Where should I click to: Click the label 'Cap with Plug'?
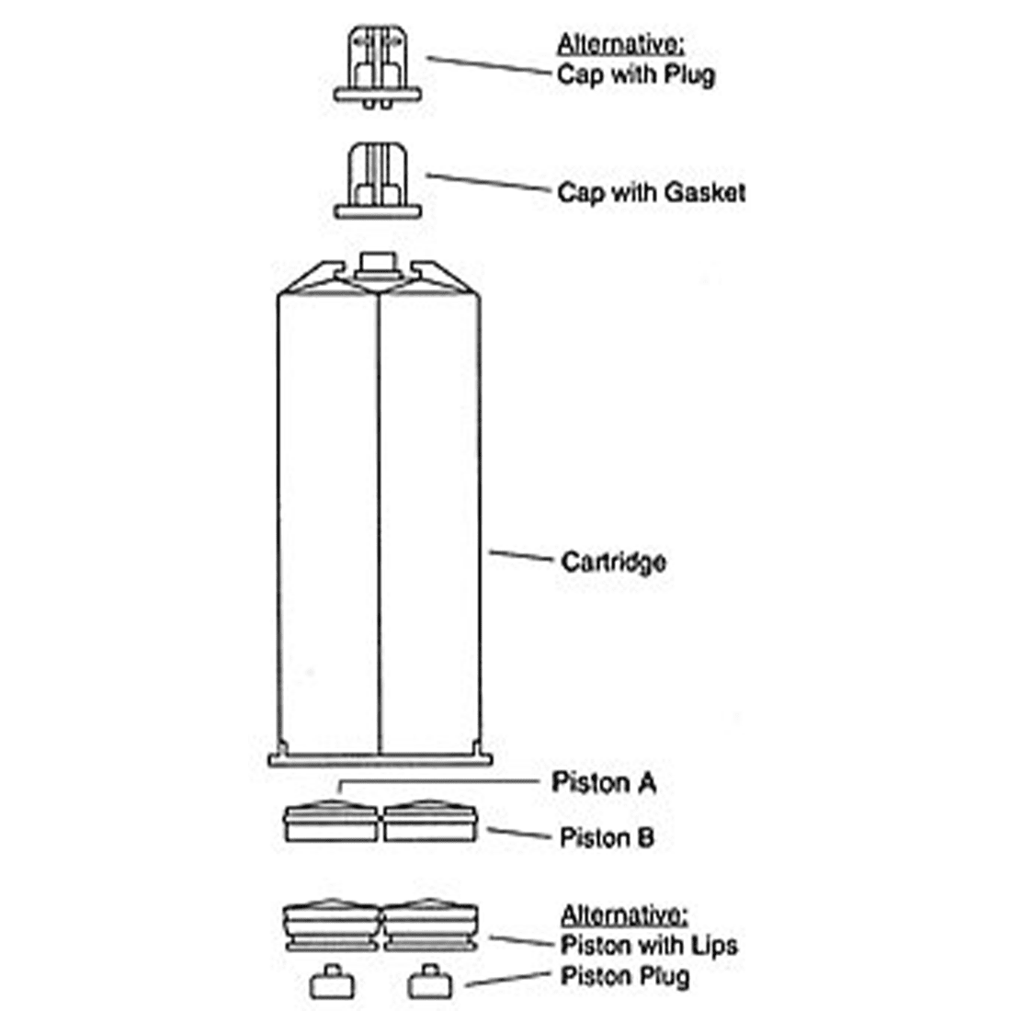636,75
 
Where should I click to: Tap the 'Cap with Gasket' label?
652,192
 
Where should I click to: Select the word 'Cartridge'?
613,562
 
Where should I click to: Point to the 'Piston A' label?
604,783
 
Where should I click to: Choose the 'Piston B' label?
607,837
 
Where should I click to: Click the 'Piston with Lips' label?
649,945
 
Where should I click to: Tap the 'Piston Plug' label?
625,976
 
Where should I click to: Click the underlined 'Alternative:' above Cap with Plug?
620,44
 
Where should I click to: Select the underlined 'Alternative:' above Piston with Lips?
624,914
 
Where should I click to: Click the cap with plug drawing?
378,66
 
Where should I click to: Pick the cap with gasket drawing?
378,180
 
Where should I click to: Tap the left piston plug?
332,982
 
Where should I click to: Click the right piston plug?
430,982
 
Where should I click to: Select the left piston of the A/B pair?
331,821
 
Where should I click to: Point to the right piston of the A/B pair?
430,821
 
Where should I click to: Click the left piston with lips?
332,925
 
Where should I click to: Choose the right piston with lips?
431,925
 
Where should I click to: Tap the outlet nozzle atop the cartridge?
379,267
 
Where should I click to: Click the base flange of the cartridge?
381,760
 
